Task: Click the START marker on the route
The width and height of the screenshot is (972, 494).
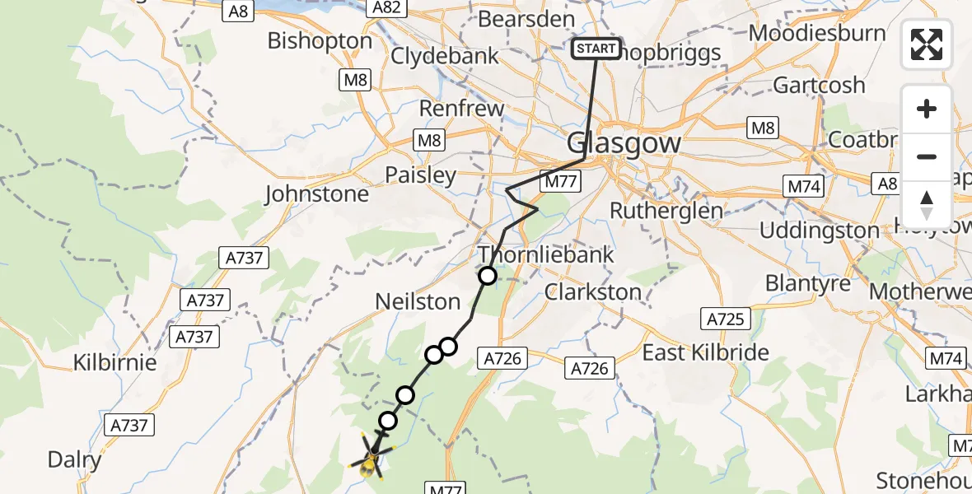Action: click(596, 49)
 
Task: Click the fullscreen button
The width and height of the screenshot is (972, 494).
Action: click(927, 44)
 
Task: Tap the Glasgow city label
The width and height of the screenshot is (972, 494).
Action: click(624, 143)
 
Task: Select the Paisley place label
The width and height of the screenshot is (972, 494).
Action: click(420, 175)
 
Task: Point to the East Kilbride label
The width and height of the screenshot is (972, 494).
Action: click(705, 352)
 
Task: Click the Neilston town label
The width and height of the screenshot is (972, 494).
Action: click(418, 301)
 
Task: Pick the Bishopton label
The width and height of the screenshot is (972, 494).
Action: click(320, 40)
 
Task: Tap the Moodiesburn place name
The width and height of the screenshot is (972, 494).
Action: click(817, 34)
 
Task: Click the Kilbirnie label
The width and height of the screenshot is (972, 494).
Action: click(114, 362)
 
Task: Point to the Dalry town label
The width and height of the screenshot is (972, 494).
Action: click(74, 459)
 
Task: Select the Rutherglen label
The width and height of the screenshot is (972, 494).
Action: click(666, 210)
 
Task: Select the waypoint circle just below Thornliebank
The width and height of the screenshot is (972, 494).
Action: click(488, 276)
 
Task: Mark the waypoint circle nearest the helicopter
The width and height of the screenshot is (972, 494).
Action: click(387, 422)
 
